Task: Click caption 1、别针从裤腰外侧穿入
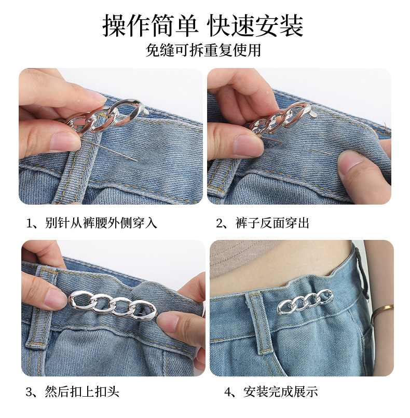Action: point(92,224)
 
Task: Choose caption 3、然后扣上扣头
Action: point(76,392)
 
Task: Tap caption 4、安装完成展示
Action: point(271,392)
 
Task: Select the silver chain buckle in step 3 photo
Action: point(112,306)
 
